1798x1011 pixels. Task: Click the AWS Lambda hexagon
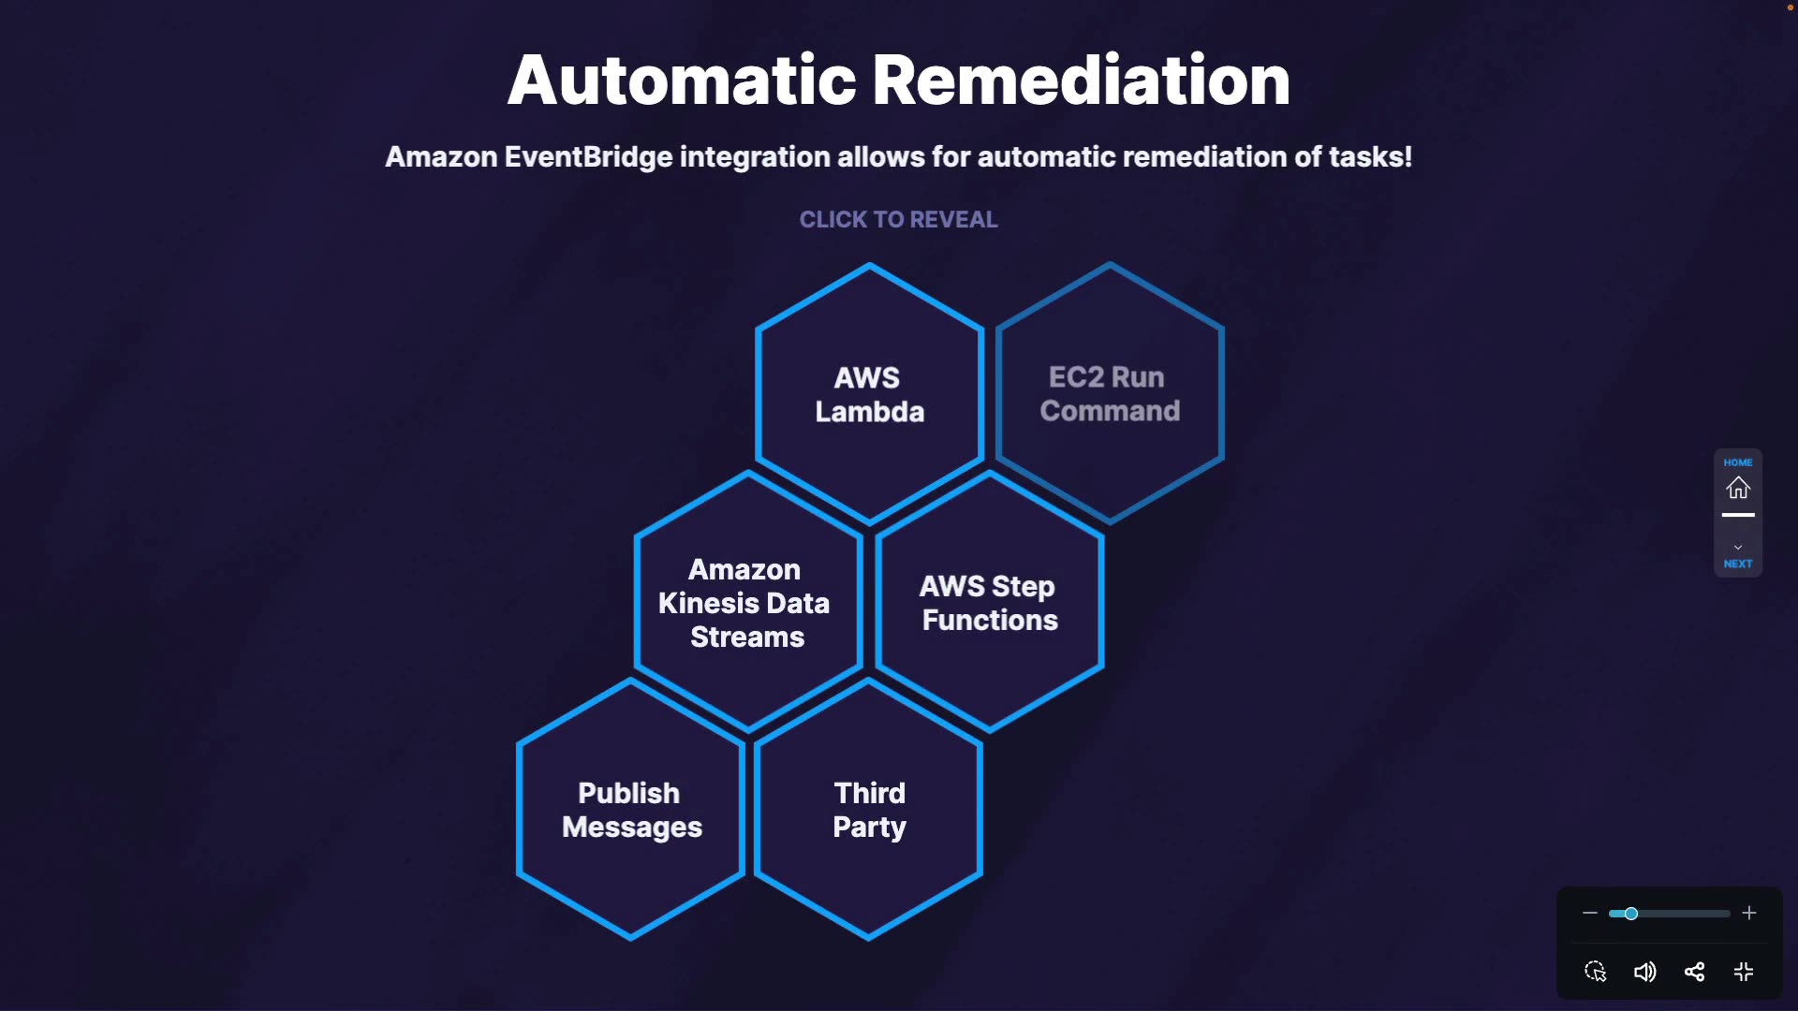point(869,394)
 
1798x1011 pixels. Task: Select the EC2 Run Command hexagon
point(1110,394)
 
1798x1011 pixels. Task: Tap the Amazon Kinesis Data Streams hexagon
point(746,603)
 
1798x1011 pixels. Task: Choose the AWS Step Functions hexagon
point(989,603)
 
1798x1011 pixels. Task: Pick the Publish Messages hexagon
point(631,810)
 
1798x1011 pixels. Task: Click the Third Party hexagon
point(869,810)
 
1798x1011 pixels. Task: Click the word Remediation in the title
point(1081,81)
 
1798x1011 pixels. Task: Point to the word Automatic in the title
point(682,81)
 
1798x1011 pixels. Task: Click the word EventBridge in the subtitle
point(588,156)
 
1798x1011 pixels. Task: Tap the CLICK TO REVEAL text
point(898,219)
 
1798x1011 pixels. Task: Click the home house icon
point(1738,488)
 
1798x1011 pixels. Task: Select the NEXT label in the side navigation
point(1738,564)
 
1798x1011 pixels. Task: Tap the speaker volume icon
point(1644,972)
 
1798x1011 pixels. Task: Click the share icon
point(1694,972)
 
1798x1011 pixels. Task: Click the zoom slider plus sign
point(1748,913)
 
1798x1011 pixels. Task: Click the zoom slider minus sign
point(1589,913)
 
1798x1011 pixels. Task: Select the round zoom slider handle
point(1630,913)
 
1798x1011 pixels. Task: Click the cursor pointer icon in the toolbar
point(1595,972)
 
